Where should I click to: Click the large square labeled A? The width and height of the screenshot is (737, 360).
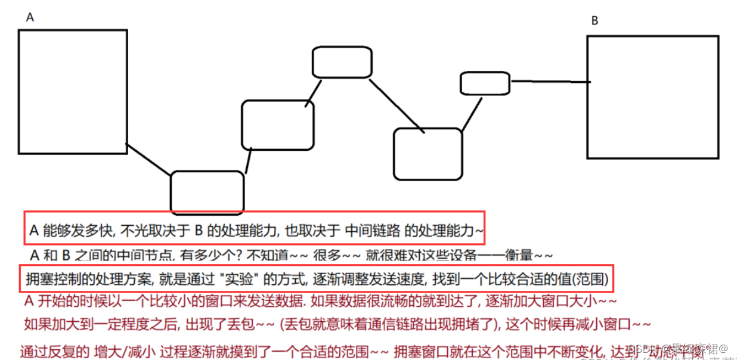click(73, 92)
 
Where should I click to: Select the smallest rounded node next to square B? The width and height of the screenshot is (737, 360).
click(485, 83)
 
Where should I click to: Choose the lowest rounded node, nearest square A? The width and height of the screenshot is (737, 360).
click(207, 192)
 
